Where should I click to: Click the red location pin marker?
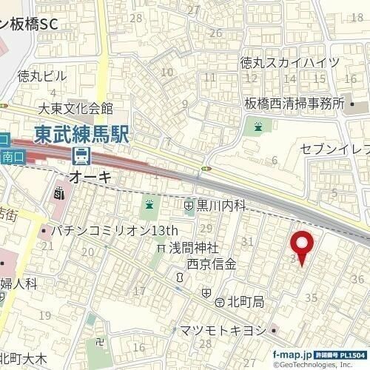pos(301,248)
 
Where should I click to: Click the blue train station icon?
pos(81,157)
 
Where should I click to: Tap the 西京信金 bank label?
pos(212,263)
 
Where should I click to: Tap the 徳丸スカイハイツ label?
pos(290,63)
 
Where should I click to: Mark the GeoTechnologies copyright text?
pos(319,364)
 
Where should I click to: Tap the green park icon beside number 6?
pos(258,127)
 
